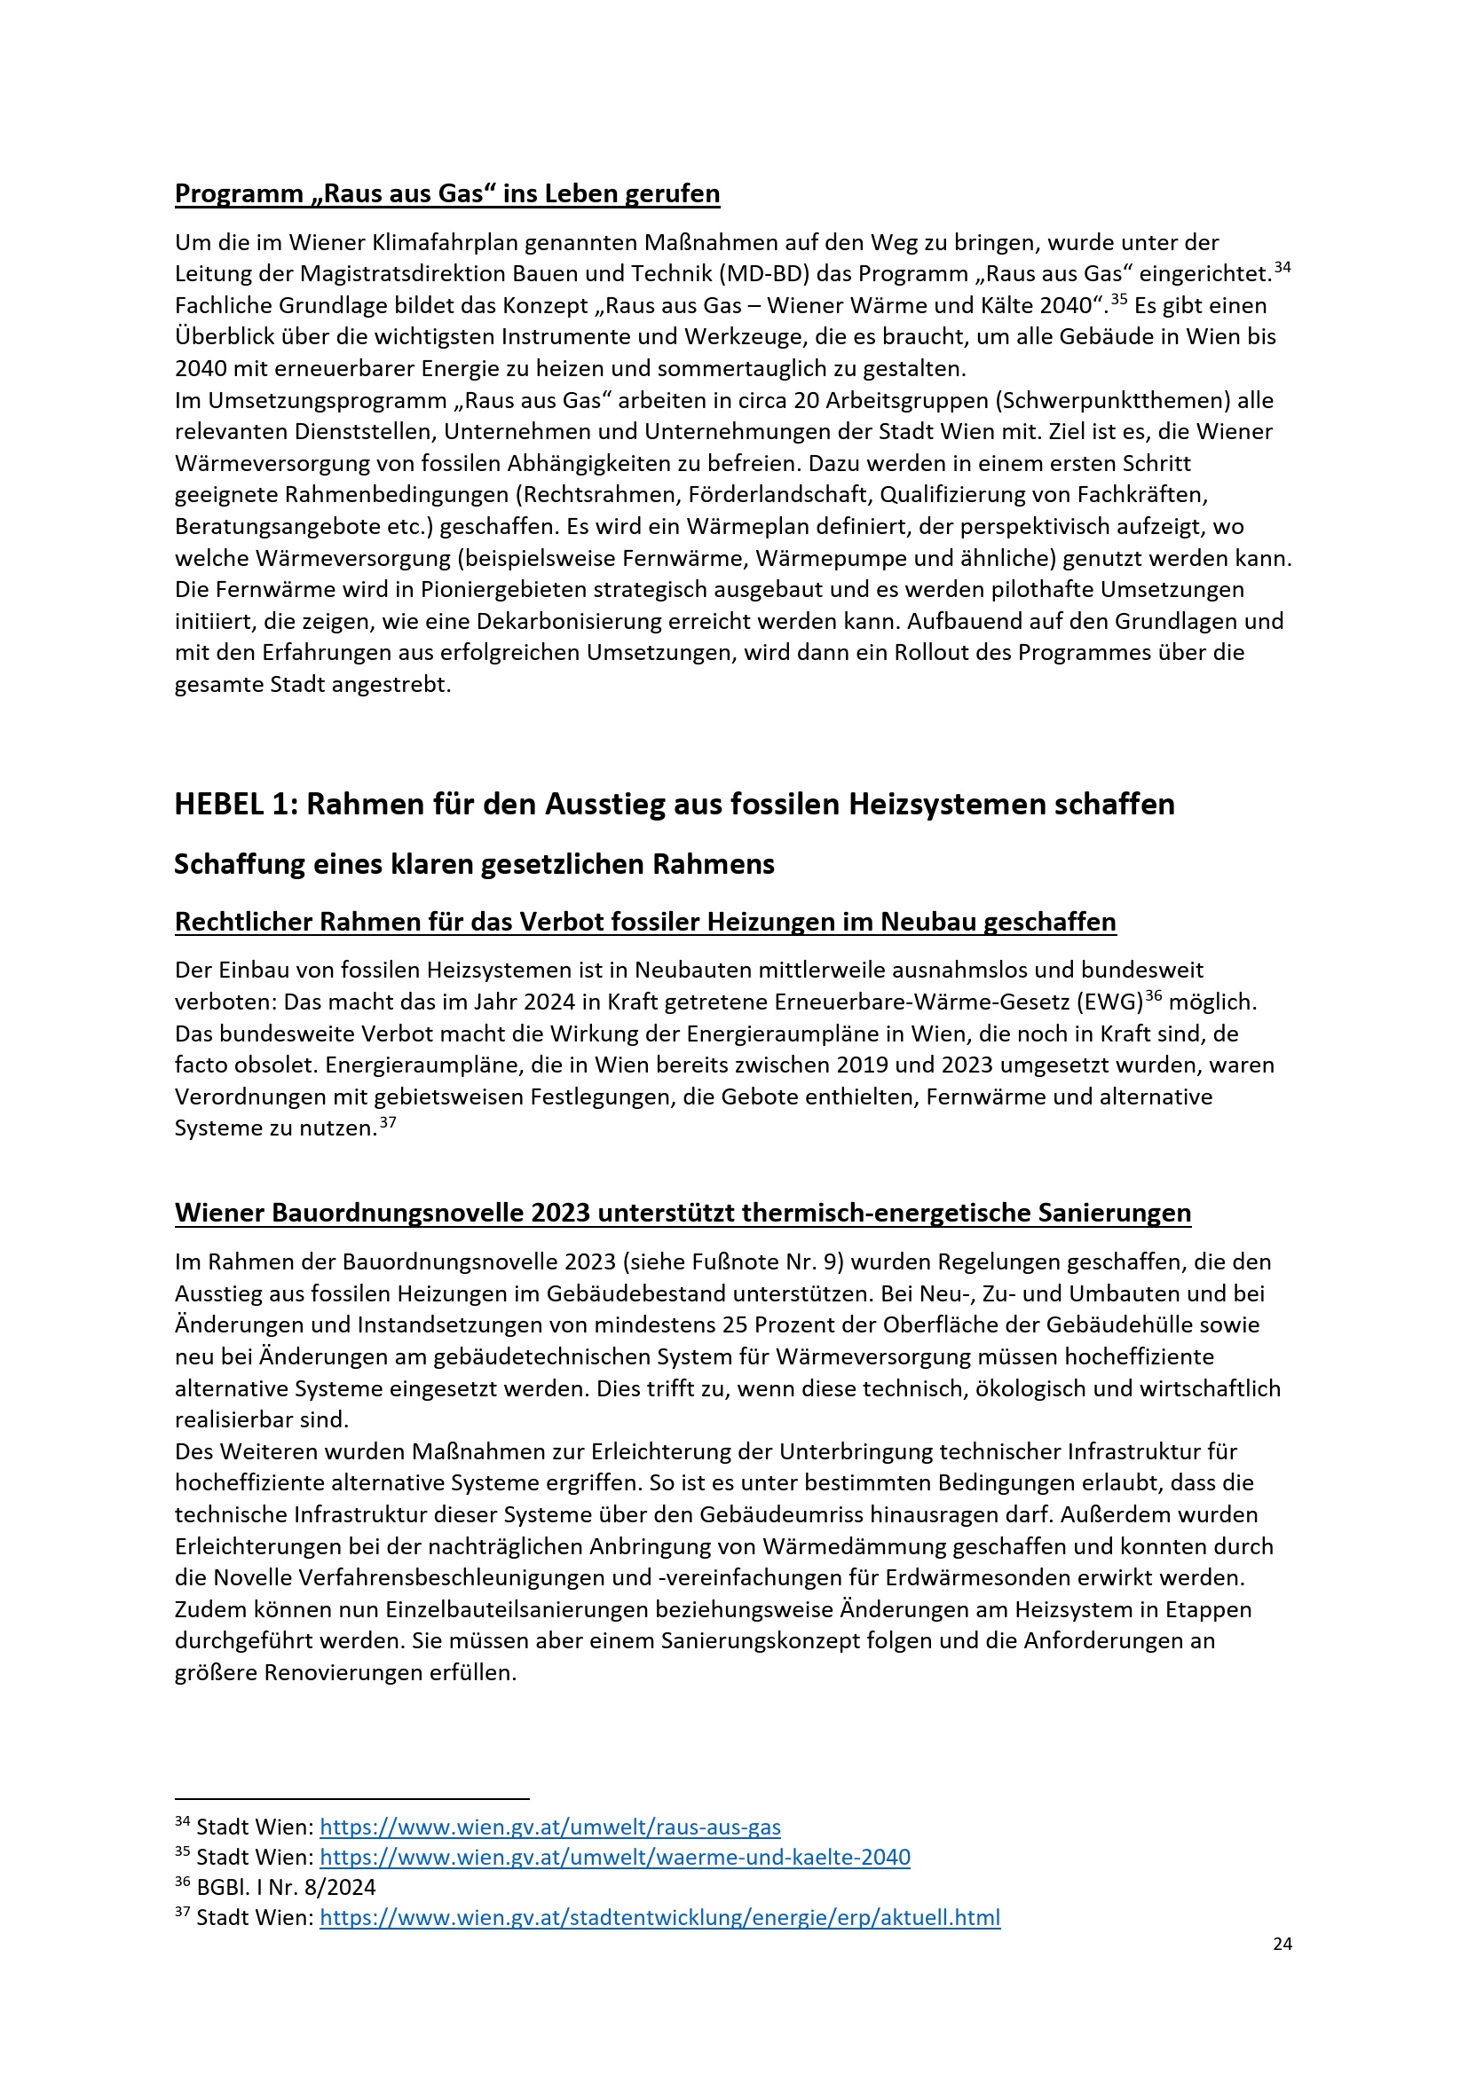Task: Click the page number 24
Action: click(1282, 1943)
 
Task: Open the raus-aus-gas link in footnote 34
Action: click(549, 1827)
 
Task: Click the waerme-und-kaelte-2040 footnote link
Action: click(615, 1856)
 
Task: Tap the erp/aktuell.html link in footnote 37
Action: click(659, 1917)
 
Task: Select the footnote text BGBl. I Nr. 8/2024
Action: click(286, 1887)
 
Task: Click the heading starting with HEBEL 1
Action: click(674, 804)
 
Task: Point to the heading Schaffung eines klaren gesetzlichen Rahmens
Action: click(474, 864)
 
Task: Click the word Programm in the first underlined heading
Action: click(239, 193)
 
